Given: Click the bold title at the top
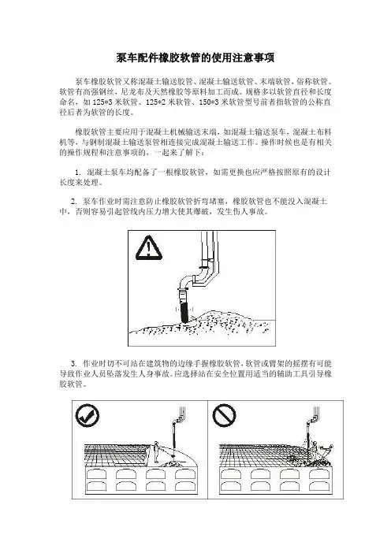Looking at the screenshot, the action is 195,58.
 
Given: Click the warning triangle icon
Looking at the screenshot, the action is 148,248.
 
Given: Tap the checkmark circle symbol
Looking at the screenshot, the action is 88,415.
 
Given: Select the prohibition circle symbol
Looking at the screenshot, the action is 224,415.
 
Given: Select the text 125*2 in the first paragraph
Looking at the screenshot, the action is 154,102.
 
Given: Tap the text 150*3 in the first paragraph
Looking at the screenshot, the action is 207,102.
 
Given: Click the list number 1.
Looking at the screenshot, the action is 77,173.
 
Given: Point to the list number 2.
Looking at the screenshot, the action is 73,202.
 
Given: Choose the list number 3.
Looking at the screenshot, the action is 73,364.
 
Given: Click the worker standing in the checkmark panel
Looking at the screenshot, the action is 155,452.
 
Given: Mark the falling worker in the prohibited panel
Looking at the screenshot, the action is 326,451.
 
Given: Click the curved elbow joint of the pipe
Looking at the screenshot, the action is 187,280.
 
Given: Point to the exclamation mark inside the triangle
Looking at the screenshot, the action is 149,249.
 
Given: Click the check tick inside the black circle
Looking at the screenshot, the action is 88,415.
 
